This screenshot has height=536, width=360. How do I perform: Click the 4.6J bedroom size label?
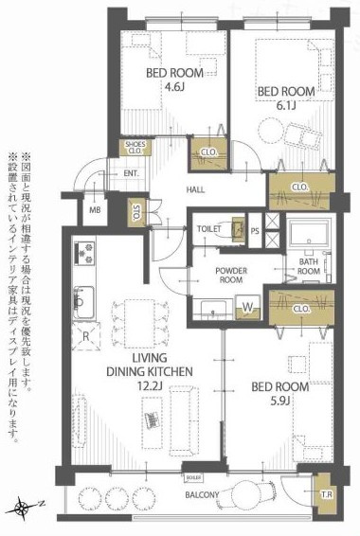(173, 88)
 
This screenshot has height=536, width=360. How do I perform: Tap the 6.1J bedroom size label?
(286, 105)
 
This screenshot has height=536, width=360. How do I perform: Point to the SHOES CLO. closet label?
(135, 148)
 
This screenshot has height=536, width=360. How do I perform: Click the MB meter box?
(96, 209)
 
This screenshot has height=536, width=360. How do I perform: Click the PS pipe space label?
(255, 230)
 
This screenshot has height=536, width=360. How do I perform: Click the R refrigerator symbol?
(86, 335)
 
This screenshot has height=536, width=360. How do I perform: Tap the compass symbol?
(23, 509)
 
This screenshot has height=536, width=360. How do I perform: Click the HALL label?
(195, 189)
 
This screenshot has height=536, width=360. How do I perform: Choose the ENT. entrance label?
(131, 173)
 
